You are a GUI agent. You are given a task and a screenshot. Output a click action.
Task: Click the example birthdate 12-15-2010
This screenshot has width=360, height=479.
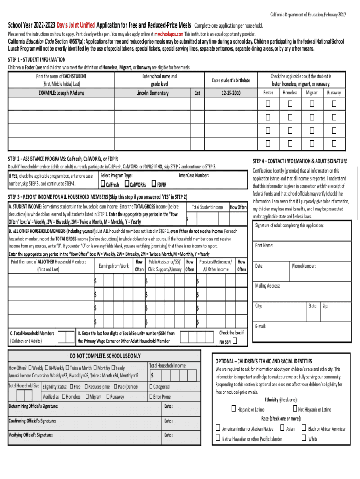click(x=230, y=93)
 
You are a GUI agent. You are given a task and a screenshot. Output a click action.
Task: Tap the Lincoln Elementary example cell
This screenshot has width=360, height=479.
click(x=152, y=93)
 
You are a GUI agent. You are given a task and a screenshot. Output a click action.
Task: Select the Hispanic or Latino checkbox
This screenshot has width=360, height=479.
click(x=233, y=409)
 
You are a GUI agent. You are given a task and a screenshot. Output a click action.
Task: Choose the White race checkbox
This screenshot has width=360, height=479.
click(x=304, y=438)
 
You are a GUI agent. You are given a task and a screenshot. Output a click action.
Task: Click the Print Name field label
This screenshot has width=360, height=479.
click(x=264, y=245)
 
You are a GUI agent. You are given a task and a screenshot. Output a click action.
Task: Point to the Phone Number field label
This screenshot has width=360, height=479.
click(x=304, y=266)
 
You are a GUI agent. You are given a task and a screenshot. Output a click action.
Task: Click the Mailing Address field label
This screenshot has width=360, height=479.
click(x=267, y=286)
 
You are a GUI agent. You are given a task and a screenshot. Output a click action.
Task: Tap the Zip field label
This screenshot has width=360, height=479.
click(x=325, y=306)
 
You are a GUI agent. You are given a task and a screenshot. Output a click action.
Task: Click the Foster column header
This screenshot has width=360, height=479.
click(x=268, y=93)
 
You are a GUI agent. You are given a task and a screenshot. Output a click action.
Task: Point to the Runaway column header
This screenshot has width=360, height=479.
click(x=334, y=93)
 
